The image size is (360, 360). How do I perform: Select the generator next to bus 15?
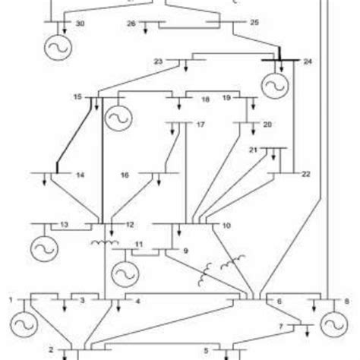click(x=117, y=117)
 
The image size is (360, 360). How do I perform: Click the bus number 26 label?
click(x=131, y=24)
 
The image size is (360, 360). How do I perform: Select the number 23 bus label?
click(x=159, y=60)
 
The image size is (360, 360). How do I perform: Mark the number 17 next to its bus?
click(x=201, y=124)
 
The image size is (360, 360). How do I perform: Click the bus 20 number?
click(x=267, y=124)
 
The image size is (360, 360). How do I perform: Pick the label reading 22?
click(x=306, y=175)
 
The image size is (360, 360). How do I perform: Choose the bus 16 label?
click(x=125, y=175)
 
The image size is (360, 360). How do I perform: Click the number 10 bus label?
click(x=226, y=226)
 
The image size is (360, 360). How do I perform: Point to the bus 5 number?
click(x=205, y=351)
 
